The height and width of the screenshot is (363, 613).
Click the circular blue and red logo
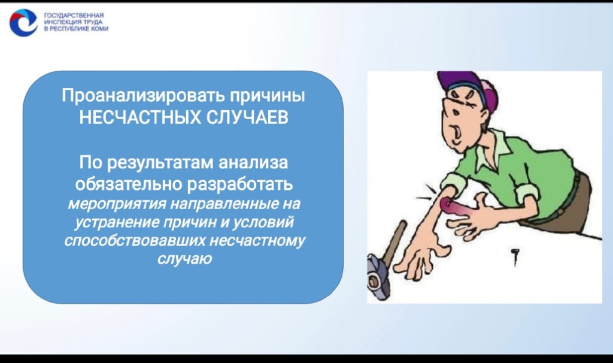[23, 22]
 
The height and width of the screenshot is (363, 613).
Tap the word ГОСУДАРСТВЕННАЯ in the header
[66, 14]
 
